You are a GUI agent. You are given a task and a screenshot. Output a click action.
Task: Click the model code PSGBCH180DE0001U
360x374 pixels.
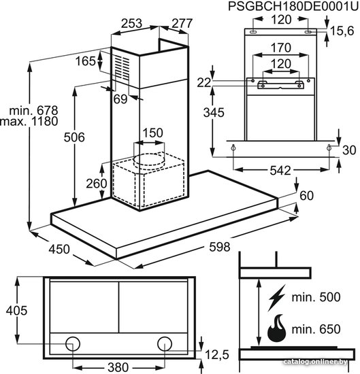pyautogui.click(x=293, y=6)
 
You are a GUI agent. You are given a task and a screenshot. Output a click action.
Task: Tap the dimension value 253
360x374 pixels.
pyautogui.click(x=131, y=23)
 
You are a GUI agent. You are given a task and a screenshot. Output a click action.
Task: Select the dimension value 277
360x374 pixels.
pyautogui.click(x=182, y=23)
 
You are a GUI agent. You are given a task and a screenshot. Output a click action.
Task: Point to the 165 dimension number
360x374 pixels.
pyautogui.click(x=86, y=61)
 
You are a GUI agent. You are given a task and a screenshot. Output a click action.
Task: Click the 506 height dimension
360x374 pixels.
pyautogui.click(x=74, y=137)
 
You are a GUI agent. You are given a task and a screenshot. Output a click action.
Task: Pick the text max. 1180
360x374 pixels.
pyautogui.click(x=29, y=121)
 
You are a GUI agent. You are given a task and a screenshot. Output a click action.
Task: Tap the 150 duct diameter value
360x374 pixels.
pyautogui.click(x=153, y=133)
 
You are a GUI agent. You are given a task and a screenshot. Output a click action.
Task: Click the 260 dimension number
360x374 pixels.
pyautogui.click(x=97, y=184)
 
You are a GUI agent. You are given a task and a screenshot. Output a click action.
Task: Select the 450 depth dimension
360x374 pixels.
pyautogui.click(x=59, y=250)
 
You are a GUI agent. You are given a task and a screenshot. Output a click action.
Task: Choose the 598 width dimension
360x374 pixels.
pyautogui.click(x=220, y=247)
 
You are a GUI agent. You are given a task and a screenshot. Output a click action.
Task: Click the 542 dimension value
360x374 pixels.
pyautogui.click(x=280, y=171)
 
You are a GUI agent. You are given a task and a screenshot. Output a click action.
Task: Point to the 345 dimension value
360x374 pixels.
pyautogui.click(x=214, y=113)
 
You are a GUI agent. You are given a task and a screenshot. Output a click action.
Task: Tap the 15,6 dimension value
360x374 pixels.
pyautogui.click(x=342, y=31)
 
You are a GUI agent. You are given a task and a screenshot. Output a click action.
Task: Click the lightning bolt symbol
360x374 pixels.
pyautogui.click(x=276, y=298)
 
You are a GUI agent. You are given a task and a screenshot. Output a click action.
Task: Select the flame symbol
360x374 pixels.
pyautogui.click(x=276, y=328)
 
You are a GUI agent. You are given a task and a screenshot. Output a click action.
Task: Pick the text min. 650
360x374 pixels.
pyautogui.click(x=316, y=329)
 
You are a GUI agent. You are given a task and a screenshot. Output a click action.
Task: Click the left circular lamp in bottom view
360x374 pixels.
pyautogui.click(x=73, y=343)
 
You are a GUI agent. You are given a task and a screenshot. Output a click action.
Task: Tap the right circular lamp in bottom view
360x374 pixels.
pyautogui.click(x=165, y=343)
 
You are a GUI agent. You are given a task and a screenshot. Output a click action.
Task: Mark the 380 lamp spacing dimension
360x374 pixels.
pyautogui.click(x=118, y=367)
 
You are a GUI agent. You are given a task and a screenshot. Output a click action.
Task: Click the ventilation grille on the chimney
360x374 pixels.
pyautogui.click(x=122, y=67)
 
